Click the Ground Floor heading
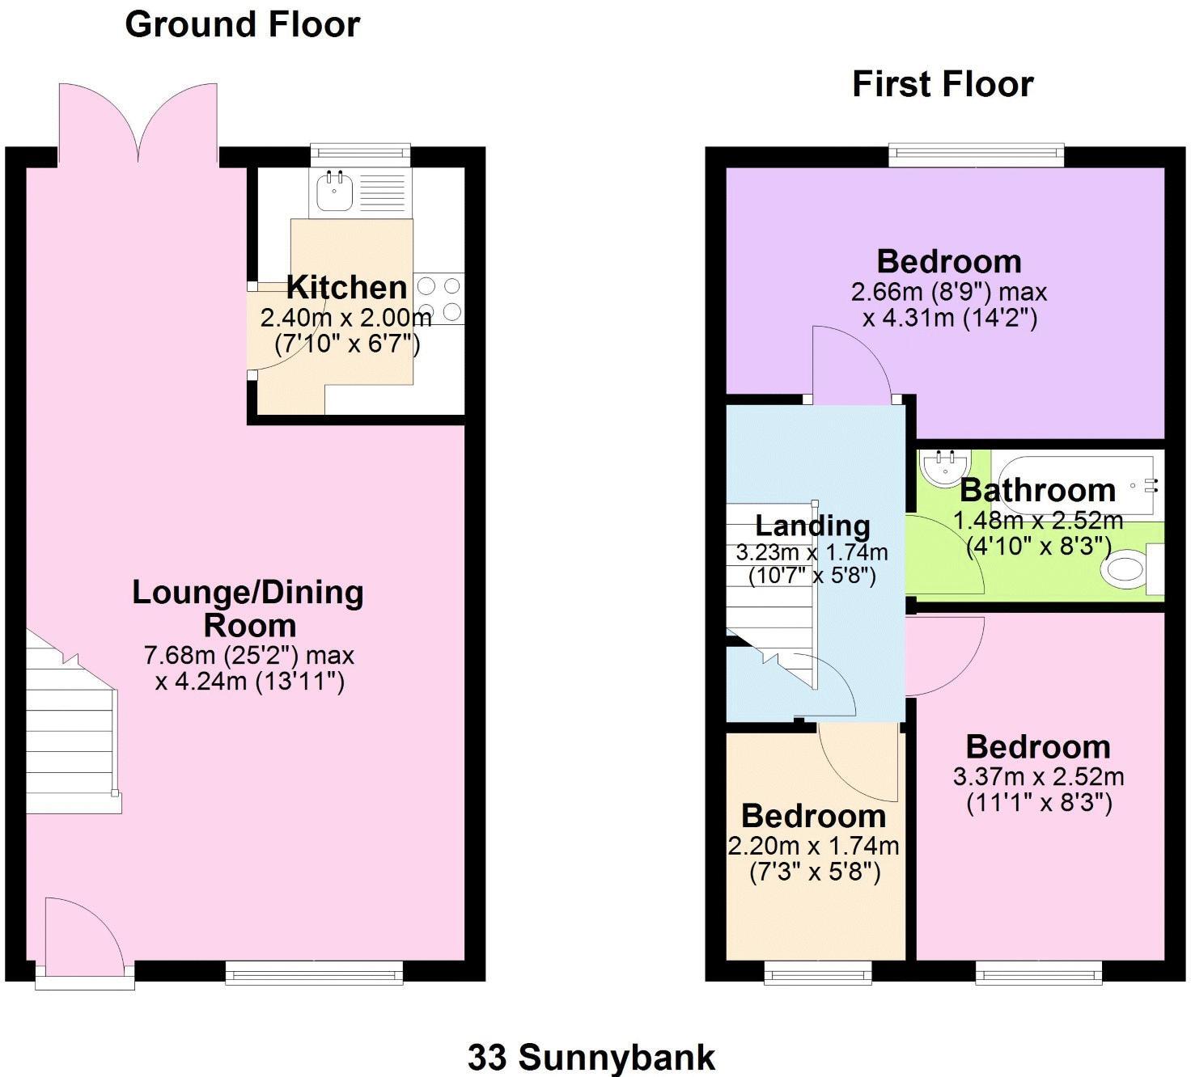click(x=242, y=24)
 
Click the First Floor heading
click(x=943, y=84)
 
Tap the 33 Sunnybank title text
click(x=591, y=1057)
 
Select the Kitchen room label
click(x=346, y=287)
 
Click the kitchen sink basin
click(x=334, y=192)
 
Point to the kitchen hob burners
click(x=439, y=298)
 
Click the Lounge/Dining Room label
click(x=248, y=608)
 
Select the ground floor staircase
click(x=69, y=728)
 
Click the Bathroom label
click(x=1037, y=490)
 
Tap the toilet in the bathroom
click(x=1126, y=570)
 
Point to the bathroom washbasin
click(x=943, y=468)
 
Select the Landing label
click(x=812, y=526)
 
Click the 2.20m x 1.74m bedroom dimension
click(x=813, y=847)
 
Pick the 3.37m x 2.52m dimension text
click(x=1038, y=777)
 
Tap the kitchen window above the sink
click(x=360, y=153)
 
